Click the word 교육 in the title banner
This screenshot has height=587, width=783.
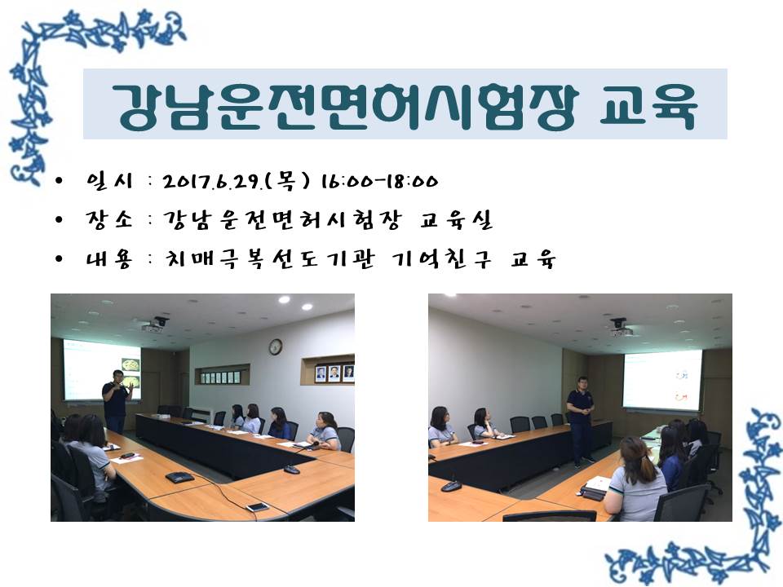[x=648, y=105]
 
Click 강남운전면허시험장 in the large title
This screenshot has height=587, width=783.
[x=344, y=106]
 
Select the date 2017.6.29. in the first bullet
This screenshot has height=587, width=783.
[x=212, y=182]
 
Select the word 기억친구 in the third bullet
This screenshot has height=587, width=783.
[x=441, y=259]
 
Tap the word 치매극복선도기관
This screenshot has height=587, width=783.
[x=269, y=259]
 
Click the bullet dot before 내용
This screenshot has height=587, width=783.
[x=60, y=259]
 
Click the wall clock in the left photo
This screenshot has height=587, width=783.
[x=275, y=346]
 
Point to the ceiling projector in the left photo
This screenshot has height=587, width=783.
[x=156, y=325]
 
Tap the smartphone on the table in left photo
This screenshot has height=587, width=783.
[x=257, y=507]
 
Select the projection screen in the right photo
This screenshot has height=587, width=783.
[x=661, y=381]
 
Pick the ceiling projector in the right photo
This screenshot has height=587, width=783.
[x=619, y=328]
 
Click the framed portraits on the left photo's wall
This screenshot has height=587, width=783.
[x=334, y=373]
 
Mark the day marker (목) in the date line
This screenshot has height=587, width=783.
[x=287, y=181]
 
